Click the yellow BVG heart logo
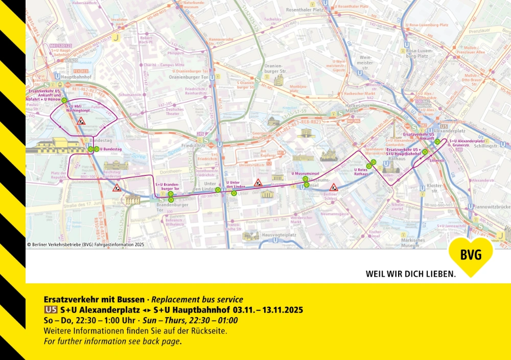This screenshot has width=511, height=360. coord(471,255)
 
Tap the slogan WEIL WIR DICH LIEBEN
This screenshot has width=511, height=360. coord(410,274)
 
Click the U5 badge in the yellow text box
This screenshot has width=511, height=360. coord(51,310)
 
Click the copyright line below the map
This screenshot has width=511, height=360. coord(86,244)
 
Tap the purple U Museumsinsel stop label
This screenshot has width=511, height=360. coord(305,173)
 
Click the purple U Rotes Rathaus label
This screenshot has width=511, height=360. coord(361,172)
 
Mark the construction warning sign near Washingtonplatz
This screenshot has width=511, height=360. coord(81,122)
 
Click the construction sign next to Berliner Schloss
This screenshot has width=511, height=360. coord(334,188)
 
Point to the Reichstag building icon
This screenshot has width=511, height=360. coord(113,165)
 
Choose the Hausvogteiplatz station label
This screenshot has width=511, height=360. coord(279,235)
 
